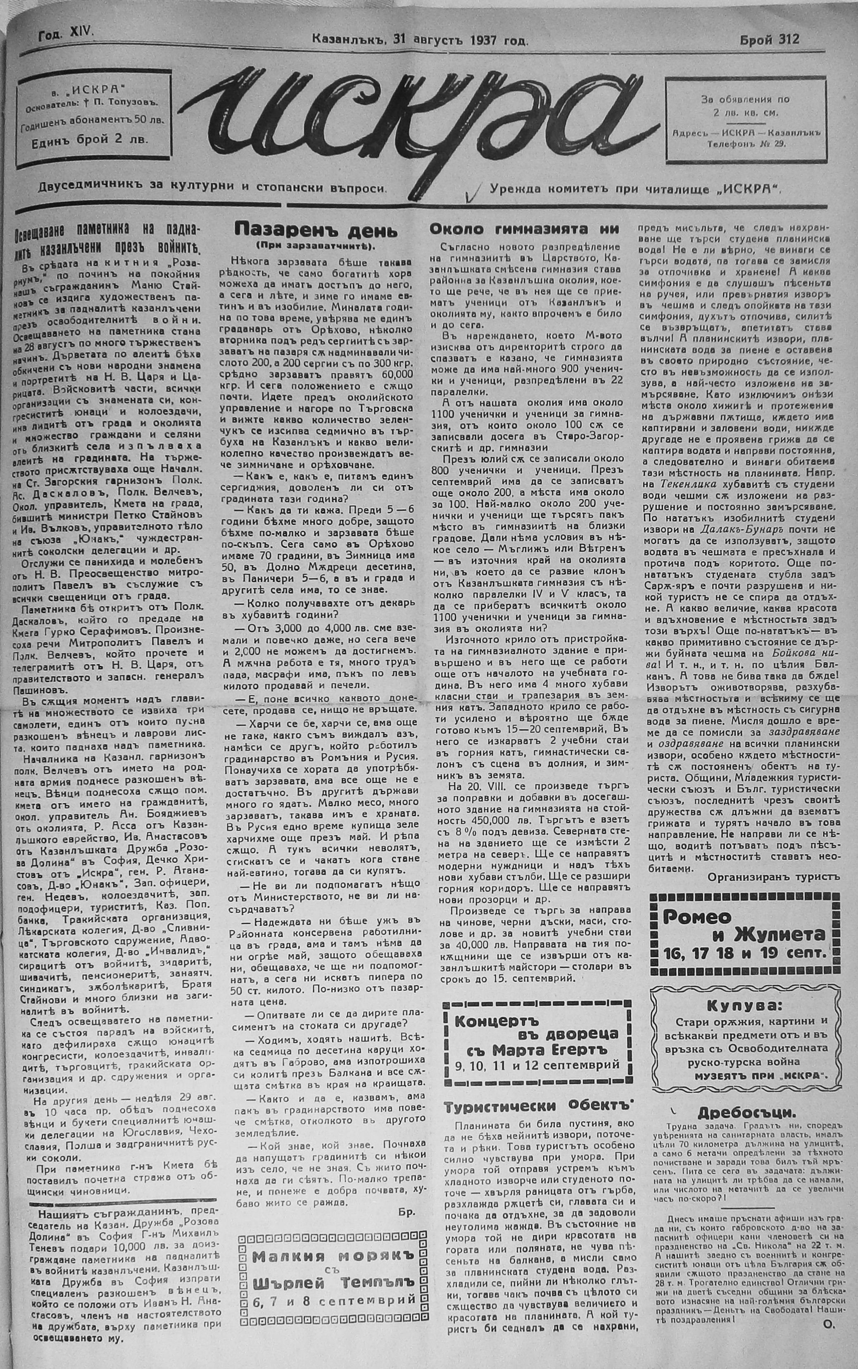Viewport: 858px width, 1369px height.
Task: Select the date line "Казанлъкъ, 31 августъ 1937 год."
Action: [420, 40]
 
